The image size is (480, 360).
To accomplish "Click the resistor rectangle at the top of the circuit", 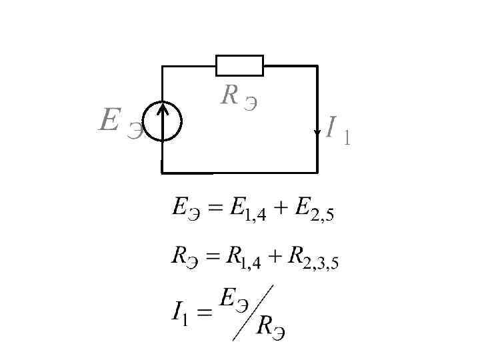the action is pos(239,66).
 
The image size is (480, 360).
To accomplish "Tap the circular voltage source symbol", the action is pos(162,121).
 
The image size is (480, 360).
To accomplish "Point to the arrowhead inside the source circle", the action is pos(162,107).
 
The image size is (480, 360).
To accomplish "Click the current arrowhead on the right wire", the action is pos(317,131).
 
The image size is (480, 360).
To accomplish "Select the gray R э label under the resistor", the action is pos(239,99).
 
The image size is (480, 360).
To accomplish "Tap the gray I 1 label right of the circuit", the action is pos(338,129).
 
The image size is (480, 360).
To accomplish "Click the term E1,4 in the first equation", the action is pos(246,211).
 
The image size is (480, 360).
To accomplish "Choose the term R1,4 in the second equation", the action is pos(245,259).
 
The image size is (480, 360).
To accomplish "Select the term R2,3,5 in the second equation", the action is pos(313,259).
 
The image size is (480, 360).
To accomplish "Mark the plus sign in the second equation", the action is pos(275,257).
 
